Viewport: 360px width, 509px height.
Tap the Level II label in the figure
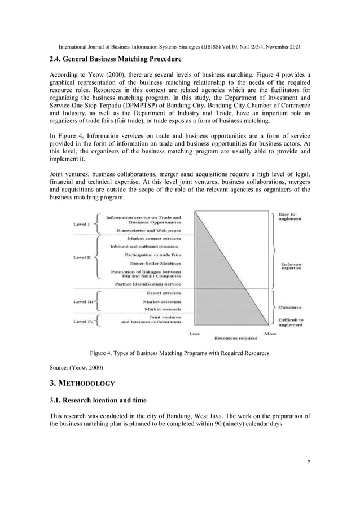[82, 257]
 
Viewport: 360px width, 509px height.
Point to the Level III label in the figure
[83, 301]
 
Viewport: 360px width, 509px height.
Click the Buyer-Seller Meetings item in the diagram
[155, 263]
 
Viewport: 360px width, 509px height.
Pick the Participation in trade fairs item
[153, 254]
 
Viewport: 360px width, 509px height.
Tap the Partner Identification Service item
[148, 284]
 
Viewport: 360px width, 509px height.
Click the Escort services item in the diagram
[164, 293]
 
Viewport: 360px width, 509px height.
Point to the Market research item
[163, 309]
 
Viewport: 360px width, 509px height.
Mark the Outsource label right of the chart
[289, 307]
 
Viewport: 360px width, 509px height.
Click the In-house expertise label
[291, 265]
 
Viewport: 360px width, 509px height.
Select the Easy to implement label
[289, 216]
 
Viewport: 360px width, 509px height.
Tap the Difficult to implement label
[291, 322]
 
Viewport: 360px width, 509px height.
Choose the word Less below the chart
[194, 334]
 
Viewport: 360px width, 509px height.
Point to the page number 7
[309, 463]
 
